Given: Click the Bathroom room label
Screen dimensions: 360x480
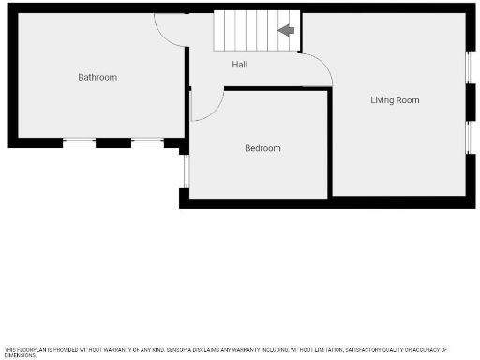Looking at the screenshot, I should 97,77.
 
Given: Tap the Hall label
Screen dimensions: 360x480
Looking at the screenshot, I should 241,64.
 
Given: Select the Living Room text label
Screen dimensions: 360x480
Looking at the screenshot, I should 395,99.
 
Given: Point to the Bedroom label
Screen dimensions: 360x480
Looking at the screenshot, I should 262,148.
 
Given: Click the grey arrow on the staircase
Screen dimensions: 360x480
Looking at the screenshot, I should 287,31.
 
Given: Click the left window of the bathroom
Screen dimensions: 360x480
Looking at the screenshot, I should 79,142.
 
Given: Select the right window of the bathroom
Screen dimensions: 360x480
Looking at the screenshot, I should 147,142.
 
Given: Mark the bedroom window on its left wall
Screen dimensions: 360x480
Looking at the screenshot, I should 186,170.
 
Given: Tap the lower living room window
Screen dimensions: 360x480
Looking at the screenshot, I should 469,137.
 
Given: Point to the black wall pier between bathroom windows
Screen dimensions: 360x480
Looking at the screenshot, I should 112,142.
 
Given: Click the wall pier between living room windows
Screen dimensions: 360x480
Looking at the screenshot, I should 469,102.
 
